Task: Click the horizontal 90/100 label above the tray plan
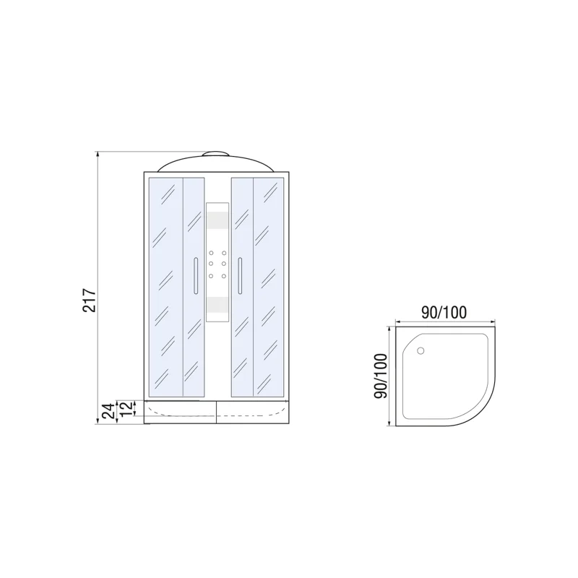coord(444,312)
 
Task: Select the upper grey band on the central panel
coord(217,219)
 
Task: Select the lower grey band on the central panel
coord(217,303)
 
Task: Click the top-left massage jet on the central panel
coord(211,254)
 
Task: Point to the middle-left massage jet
coord(211,264)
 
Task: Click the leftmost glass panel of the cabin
coord(165,287)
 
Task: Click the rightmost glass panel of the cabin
coord(270,287)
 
